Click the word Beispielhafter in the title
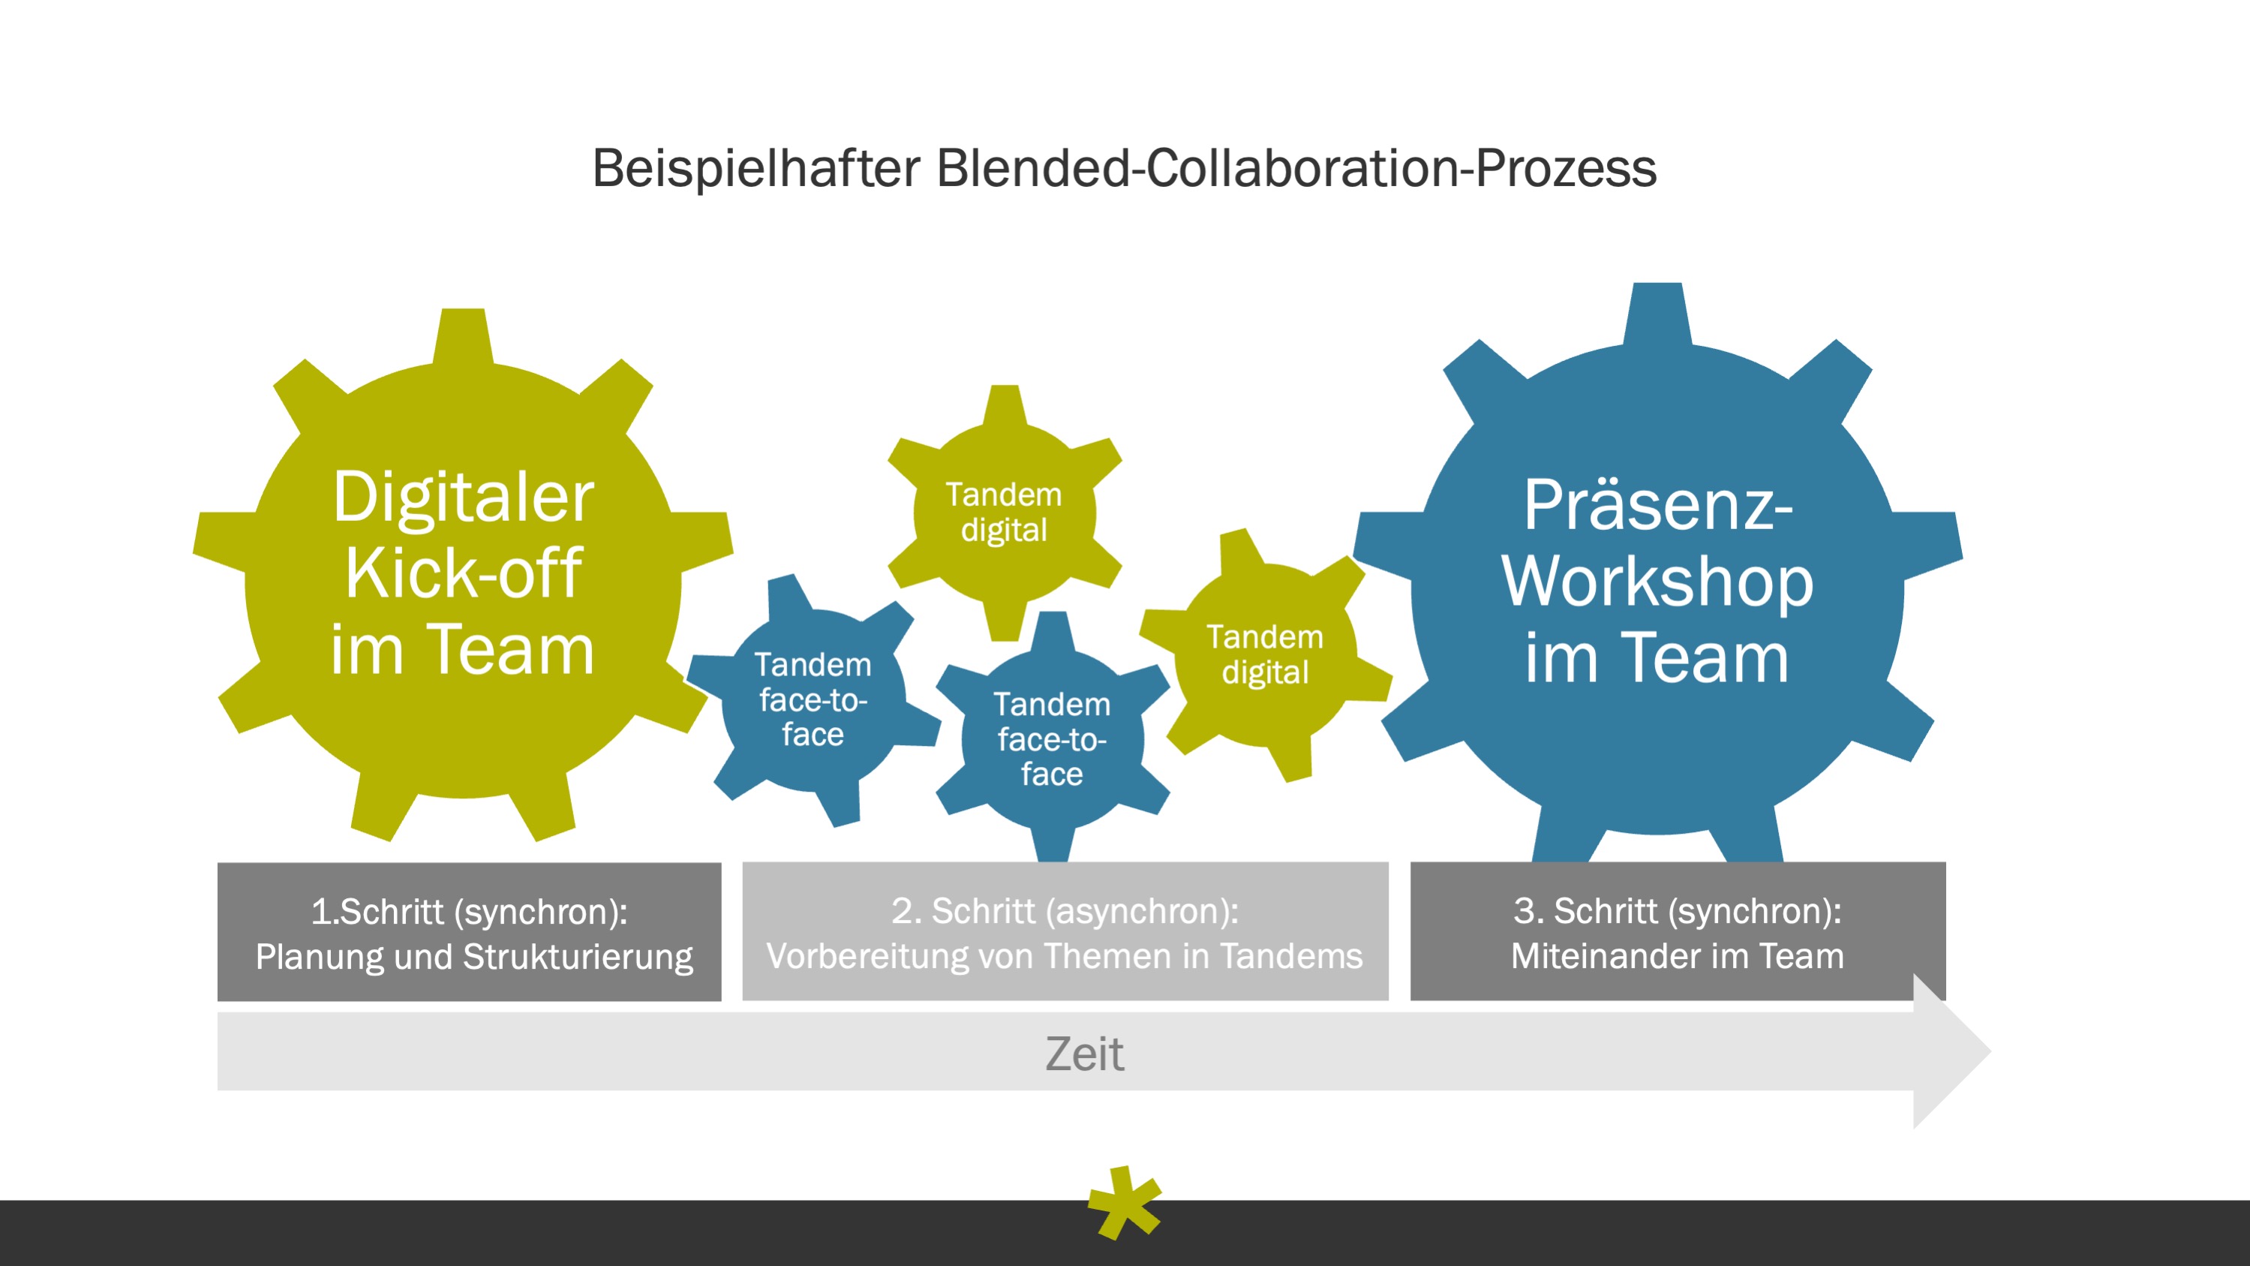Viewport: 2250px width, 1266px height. (756, 169)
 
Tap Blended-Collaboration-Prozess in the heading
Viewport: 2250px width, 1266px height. (1296, 169)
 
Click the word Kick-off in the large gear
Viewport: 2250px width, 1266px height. (463, 573)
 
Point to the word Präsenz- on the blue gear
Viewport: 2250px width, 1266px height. (1657, 506)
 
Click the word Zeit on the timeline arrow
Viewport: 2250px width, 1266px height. (1084, 1054)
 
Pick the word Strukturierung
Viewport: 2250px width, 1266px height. (578, 957)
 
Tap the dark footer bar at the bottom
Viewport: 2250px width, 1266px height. (524, 1234)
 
